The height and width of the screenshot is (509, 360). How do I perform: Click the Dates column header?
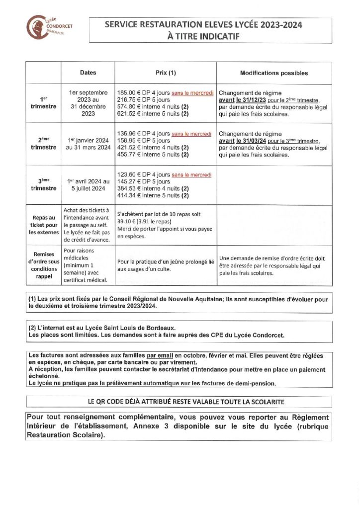pyautogui.click(x=88, y=73)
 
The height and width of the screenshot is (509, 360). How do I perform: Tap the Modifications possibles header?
pyautogui.click(x=273, y=73)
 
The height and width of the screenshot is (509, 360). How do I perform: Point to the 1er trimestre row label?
pyautogui.click(x=43, y=103)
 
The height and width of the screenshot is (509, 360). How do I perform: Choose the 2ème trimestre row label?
pyautogui.click(x=43, y=144)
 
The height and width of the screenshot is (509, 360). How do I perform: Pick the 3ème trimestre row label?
pyautogui.click(x=43, y=185)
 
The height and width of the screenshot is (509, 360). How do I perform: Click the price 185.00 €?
pyautogui.click(x=127, y=93)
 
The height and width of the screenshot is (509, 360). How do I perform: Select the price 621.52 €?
pyautogui.click(x=127, y=114)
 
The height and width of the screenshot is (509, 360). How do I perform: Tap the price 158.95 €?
pyautogui.click(x=127, y=141)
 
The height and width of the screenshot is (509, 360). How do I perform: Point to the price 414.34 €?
pyautogui.click(x=127, y=196)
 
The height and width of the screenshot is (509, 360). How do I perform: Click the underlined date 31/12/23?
pyautogui.click(x=250, y=100)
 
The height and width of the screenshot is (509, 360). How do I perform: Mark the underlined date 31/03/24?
pyautogui.click(x=250, y=141)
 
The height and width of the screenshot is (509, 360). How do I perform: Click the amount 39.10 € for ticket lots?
pyautogui.click(x=126, y=222)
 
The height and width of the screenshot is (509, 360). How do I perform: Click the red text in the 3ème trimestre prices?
pyautogui.click(x=191, y=175)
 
